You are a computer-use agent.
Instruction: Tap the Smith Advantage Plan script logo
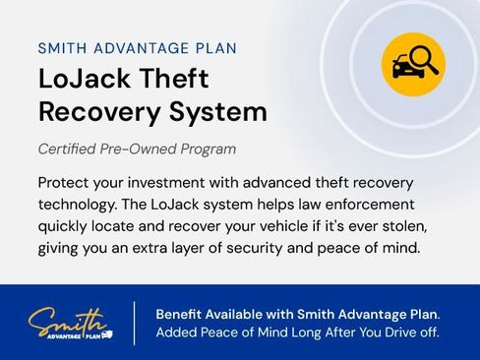pos(70,322)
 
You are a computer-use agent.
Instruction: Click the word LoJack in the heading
pos(84,79)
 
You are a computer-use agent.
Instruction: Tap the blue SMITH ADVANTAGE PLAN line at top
pos(137,47)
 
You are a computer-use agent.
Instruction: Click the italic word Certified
pos(70,150)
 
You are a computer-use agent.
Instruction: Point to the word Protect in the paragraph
pos(65,184)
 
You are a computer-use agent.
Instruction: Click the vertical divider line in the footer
pos(135,323)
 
